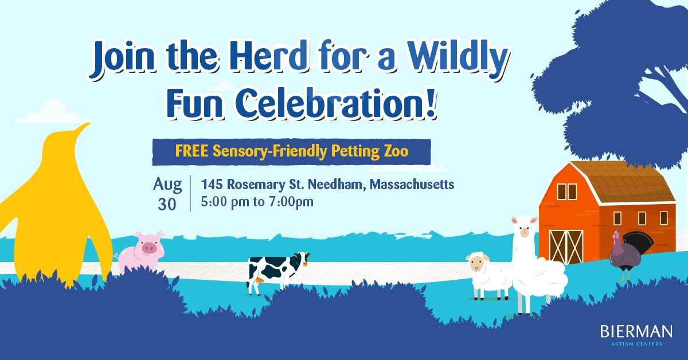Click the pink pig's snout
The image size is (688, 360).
point(150,248)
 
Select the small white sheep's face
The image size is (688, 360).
point(476,263)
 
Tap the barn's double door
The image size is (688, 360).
point(566,247)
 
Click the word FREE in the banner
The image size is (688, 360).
point(191,151)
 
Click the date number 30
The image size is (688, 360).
point(167,204)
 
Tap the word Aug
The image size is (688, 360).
point(167,185)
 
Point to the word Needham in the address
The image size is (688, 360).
point(337,185)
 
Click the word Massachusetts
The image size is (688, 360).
point(412,185)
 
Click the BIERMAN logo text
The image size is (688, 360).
point(636,332)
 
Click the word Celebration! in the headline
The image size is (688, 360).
point(336,103)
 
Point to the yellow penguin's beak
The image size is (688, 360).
point(84,126)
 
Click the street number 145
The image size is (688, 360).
point(212,185)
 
